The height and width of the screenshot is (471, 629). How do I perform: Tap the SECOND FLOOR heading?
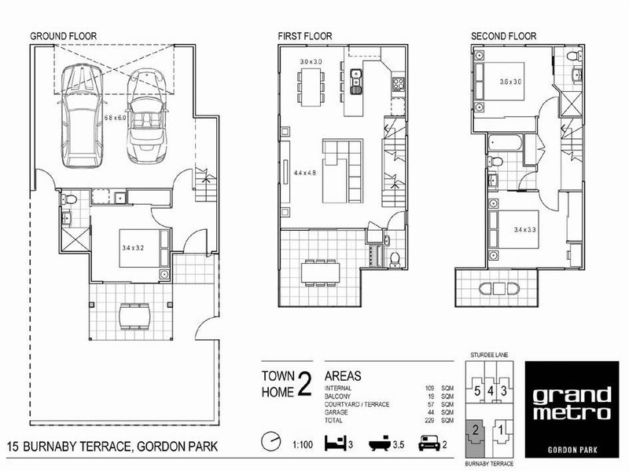[x=503, y=36]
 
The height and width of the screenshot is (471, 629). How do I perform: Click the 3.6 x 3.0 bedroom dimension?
[x=514, y=81]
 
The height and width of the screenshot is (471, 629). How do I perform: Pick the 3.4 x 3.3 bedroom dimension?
[x=514, y=230]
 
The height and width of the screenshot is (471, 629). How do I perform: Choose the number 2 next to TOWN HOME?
[x=304, y=383]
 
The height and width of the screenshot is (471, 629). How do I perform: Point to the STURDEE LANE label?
[x=488, y=356]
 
